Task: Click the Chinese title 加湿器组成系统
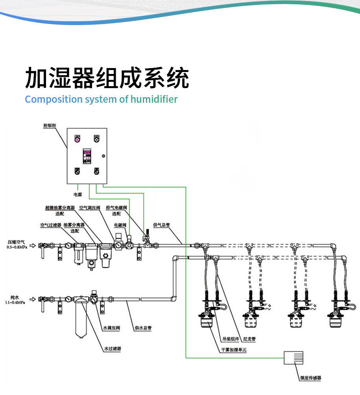click(107, 78)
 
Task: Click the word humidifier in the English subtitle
click(154, 99)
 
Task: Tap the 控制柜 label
click(50, 126)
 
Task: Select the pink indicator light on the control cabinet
click(78, 139)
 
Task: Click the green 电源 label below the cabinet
click(78, 194)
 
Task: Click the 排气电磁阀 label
click(117, 207)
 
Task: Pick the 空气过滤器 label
click(51, 225)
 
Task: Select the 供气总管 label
click(161, 225)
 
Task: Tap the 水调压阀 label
click(111, 327)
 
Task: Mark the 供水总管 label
click(143, 327)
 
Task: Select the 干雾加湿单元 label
click(234, 349)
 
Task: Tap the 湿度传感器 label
click(310, 378)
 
